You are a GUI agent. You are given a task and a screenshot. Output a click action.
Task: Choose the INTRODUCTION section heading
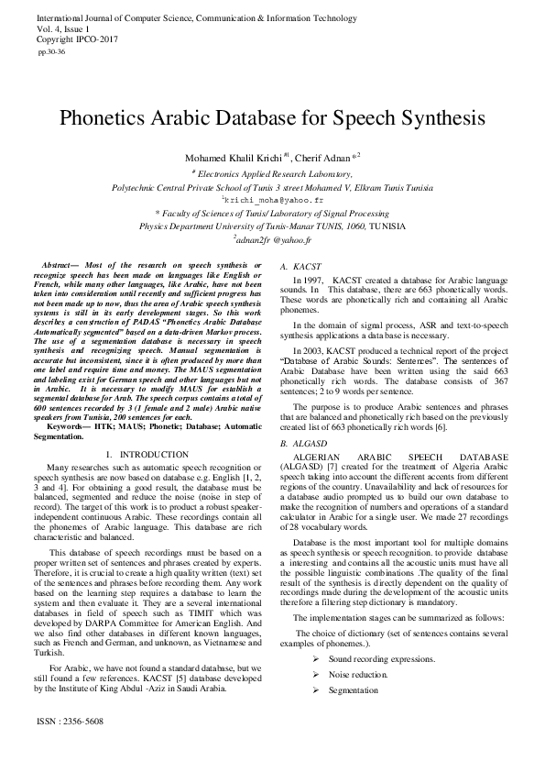coord(154,455)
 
